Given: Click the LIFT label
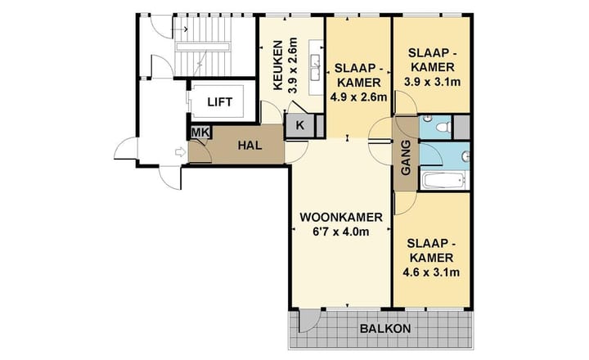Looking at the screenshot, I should (219, 102).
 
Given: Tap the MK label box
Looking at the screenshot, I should (199, 133).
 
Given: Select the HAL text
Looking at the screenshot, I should (249, 145).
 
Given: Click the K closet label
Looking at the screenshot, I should (299, 126).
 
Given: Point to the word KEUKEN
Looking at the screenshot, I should (277, 65).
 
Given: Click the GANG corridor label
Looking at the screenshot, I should (406, 160).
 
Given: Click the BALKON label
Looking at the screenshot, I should (385, 329).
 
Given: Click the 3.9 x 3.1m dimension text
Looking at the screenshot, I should (432, 82).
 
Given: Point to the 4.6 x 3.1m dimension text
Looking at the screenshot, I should (432, 272).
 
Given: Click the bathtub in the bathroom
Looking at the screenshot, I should (443, 180).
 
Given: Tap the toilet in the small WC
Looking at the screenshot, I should (440, 127).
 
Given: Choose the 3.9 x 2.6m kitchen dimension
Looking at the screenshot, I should (292, 65).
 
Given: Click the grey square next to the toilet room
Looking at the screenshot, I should (462, 127).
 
